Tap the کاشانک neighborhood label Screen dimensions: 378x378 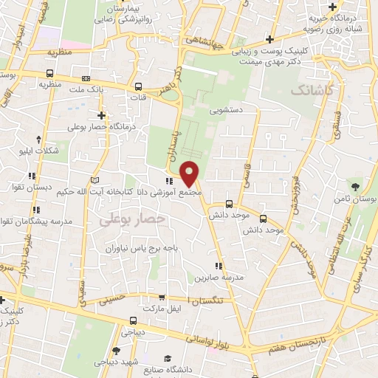pyautogui.click(x=312, y=90)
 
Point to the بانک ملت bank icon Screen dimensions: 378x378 pyautogui.click(x=86, y=78)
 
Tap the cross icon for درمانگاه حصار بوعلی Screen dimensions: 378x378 pyautogui.click(x=101, y=116)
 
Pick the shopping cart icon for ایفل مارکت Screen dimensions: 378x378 pyautogui.click(x=161, y=297)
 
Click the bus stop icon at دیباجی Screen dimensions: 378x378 pyautogui.click(x=133, y=320)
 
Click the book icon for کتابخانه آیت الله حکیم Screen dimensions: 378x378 pyautogui.click(x=93, y=180)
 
